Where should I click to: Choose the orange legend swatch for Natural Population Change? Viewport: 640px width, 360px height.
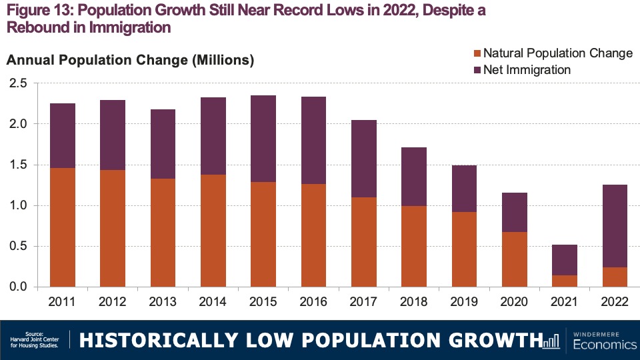pos(476,53)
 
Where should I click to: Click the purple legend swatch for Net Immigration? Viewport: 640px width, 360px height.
pos(476,69)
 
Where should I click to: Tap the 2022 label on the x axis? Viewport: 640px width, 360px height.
pos(614,302)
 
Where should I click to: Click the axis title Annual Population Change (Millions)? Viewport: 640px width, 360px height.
pos(130,61)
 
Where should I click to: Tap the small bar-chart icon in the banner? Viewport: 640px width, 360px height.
pos(551,341)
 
